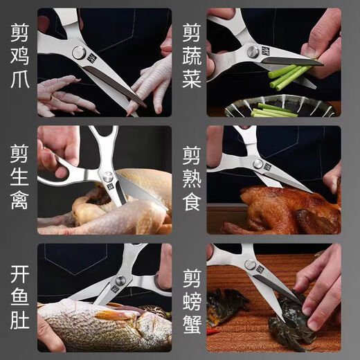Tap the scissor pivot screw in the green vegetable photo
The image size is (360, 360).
(x=252, y=52)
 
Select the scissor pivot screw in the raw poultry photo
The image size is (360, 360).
(x=108, y=178)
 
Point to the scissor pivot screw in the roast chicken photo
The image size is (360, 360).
(x=258, y=165)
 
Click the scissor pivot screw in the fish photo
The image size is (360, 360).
(x=120, y=281)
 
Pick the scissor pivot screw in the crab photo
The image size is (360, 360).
(x=249, y=265)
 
